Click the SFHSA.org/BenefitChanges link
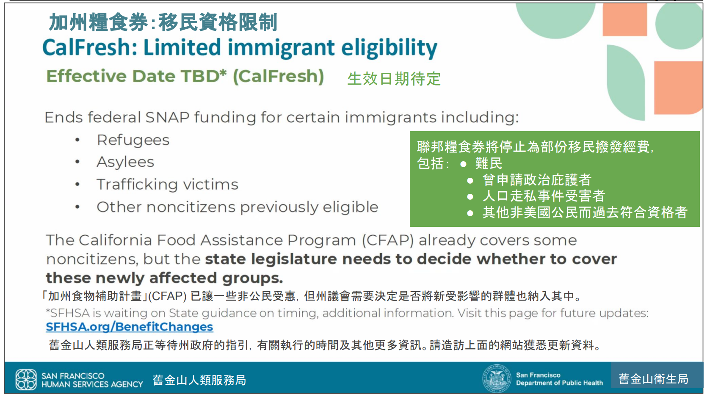coord(129,327)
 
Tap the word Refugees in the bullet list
coord(133,140)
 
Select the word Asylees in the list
coord(125,162)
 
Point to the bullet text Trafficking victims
coord(167,185)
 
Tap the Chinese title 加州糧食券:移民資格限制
coord(163,22)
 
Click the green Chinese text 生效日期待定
coord(394,79)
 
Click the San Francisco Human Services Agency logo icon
coord(26,379)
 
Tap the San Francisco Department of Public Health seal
coord(496,378)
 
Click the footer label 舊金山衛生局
coord(653,379)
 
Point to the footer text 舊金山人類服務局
coord(199,380)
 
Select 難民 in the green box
coord(489,163)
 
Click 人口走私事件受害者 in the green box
coord(544,196)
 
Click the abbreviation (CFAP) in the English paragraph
coord(387,240)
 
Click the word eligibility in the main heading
coord(389,47)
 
